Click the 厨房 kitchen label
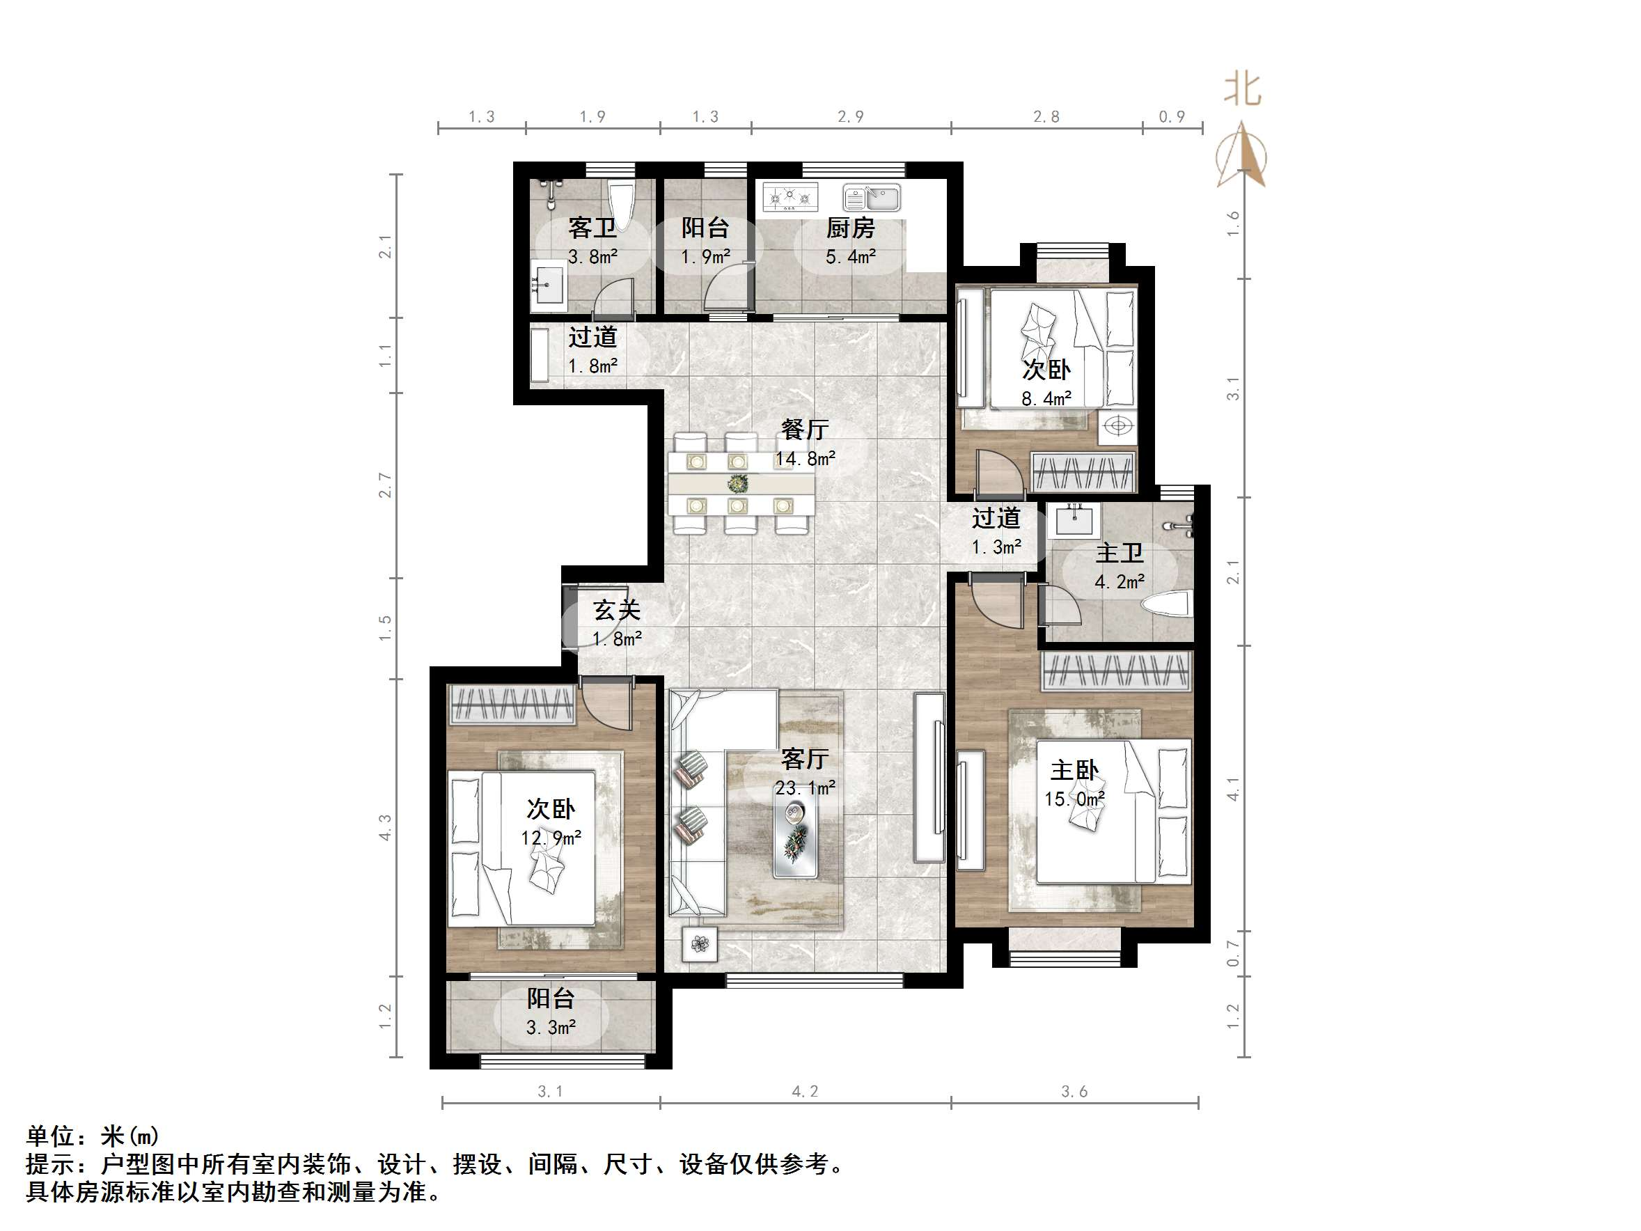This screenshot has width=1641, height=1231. pos(850,228)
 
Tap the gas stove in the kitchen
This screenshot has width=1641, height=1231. pos(790,196)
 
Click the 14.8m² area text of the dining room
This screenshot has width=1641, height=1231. pos(805,459)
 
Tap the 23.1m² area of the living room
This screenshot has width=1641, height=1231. pos(805,787)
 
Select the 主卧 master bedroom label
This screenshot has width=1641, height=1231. pos(1074,770)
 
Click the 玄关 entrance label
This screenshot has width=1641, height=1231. pos(616,610)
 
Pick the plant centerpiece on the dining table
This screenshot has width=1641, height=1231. pos(737,484)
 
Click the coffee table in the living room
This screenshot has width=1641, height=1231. pos(796,839)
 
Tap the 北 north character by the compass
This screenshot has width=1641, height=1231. pos(1242,90)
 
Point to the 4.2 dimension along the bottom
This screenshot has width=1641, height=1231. pos(805,1092)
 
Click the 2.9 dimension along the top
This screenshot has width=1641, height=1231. pos(850,116)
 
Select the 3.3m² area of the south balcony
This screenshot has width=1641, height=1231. pos(551,1028)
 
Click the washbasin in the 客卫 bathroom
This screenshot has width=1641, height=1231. pos(547,285)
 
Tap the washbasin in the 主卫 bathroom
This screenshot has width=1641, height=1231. pos(1074,519)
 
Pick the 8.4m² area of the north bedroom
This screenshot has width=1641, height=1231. pos(1046,398)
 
